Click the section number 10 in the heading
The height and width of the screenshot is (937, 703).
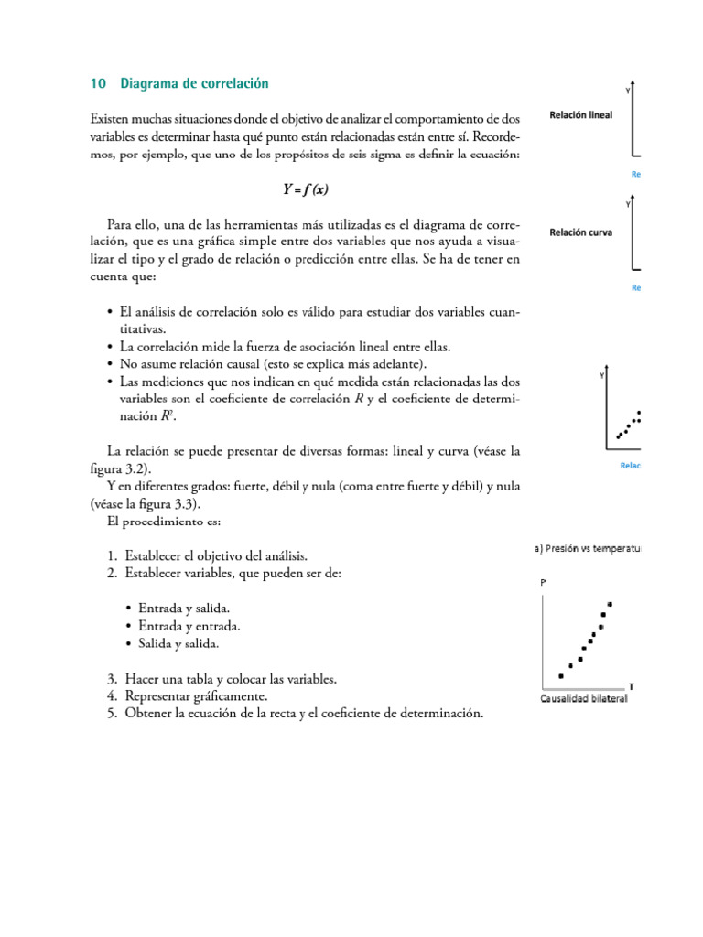point(96,83)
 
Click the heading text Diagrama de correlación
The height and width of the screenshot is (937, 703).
point(195,83)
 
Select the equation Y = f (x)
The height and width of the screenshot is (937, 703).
point(305,190)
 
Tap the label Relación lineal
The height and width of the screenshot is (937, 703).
point(580,116)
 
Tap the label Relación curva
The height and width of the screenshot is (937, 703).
point(580,232)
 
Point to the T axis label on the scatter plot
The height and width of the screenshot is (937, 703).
point(631,685)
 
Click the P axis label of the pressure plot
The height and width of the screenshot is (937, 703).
point(546,582)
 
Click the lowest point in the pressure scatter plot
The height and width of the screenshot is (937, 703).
point(561,676)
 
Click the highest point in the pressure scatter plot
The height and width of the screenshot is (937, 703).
point(610,604)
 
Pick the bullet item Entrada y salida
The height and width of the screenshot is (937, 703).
point(183,609)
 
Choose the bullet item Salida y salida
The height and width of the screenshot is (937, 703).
point(178,644)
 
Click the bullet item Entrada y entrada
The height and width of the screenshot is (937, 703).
point(189,627)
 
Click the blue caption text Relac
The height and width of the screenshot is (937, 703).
point(630,467)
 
